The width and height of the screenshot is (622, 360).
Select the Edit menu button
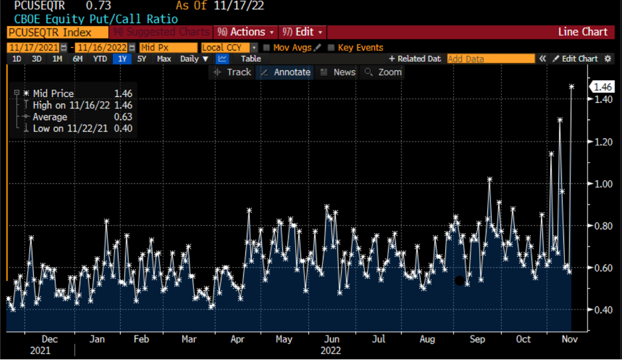pyautogui.click(x=303, y=32)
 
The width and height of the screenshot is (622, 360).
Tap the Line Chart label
pyautogui.click(x=583, y=32)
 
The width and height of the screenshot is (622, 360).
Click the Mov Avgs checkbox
pyautogui.click(x=266, y=48)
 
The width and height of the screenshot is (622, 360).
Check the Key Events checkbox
pyautogui.click(x=331, y=48)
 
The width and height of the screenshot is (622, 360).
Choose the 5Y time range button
pyautogui.click(x=142, y=58)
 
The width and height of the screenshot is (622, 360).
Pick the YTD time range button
pyautogui.click(x=100, y=58)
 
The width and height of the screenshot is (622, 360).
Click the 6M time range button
pyautogui.click(x=78, y=58)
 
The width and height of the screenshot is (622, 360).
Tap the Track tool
pyautogui.click(x=233, y=72)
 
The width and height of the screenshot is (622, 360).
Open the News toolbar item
pyautogui.click(x=338, y=72)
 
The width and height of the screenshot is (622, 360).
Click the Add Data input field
pyautogui.click(x=490, y=58)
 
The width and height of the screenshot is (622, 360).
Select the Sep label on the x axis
pyautogui.click(x=477, y=339)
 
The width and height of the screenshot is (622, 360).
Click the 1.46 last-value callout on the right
pyautogui.click(x=603, y=87)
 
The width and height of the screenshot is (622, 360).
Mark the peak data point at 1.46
pyautogui.click(x=571, y=86)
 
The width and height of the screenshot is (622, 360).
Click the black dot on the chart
pyautogui.click(x=459, y=281)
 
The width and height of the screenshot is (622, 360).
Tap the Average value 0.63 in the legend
pyautogui.click(x=123, y=117)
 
